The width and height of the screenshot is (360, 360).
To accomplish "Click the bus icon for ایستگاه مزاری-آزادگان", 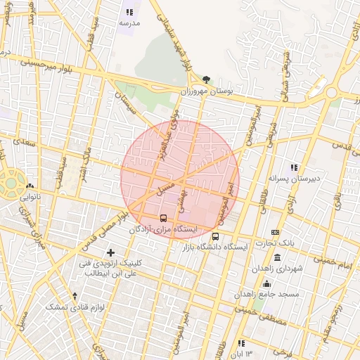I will [164, 218].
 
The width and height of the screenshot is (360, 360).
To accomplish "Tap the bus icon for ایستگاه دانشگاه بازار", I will [215, 236].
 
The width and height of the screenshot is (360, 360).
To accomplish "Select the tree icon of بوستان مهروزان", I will [205, 80].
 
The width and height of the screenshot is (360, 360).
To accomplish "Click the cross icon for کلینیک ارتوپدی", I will [110, 252].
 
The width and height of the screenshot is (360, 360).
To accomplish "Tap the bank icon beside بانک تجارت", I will [275, 233].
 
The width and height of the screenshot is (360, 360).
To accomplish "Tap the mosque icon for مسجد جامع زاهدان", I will [266, 283].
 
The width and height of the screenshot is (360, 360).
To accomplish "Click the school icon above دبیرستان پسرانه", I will [294, 167].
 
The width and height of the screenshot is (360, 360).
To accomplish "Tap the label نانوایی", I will [29, 198].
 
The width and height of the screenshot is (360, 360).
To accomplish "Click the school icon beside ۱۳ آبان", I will [241, 343].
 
